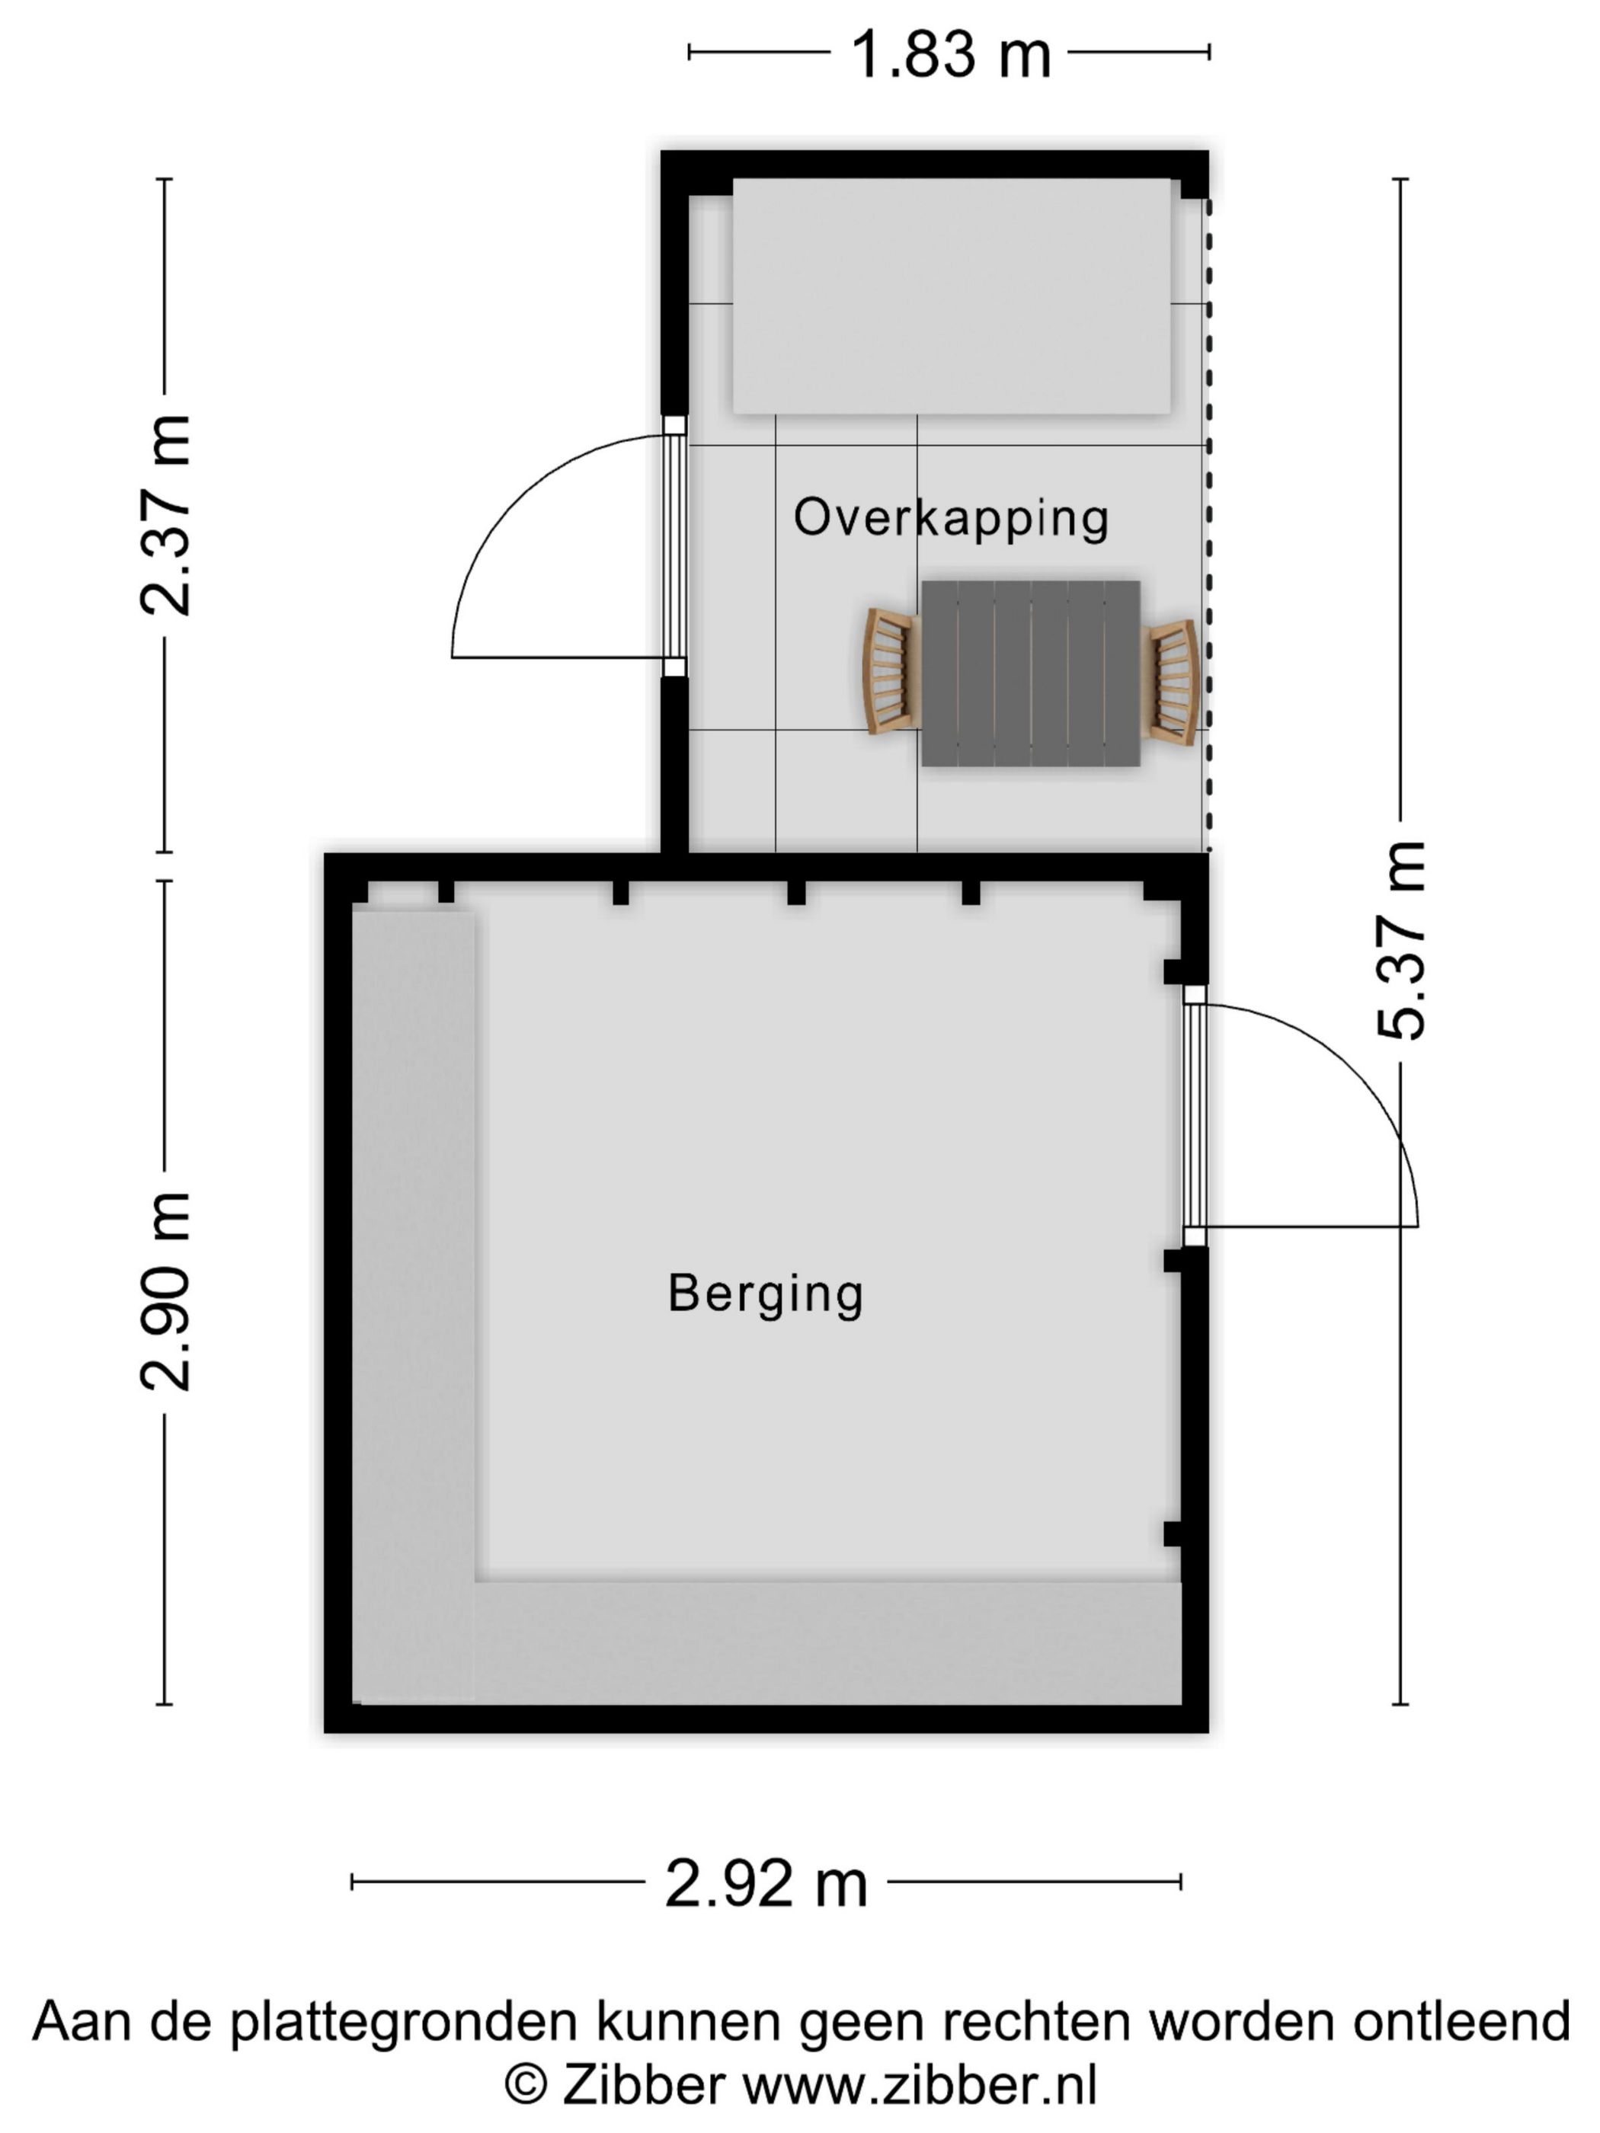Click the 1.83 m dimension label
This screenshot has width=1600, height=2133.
pos(950,54)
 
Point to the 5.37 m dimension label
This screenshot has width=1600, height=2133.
pos(1400,941)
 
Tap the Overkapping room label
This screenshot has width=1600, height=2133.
pos(951,518)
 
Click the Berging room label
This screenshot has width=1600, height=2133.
pos(765,1294)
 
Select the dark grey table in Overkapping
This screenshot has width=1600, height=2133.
pos(1030,673)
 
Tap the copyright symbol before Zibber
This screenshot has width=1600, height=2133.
pos(526,2086)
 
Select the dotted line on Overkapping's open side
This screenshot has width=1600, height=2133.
pos(1208,526)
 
